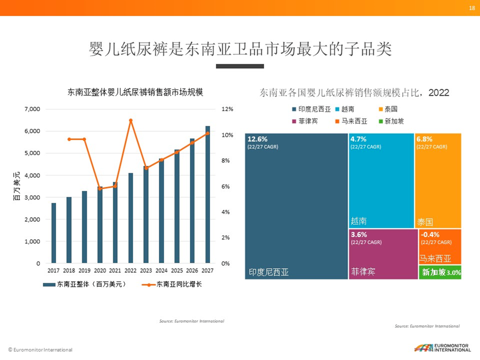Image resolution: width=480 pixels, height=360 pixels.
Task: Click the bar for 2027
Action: point(208,194)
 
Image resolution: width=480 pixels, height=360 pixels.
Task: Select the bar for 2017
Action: point(54,233)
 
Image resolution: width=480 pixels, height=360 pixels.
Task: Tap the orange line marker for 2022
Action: point(131,121)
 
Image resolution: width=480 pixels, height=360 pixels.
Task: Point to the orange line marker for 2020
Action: point(100,188)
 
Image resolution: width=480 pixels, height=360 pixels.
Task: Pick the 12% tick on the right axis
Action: point(226,109)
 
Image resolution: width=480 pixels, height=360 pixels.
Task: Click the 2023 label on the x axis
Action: point(146,271)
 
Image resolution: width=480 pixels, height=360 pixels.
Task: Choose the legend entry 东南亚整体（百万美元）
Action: point(84,284)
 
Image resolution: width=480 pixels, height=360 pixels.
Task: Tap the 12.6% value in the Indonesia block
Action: point(258,139)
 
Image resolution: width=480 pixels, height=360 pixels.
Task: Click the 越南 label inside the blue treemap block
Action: point(359,221)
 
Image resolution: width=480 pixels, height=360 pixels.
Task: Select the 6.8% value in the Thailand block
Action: point(425,139)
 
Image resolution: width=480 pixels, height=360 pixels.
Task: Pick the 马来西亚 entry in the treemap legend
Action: point(354,121)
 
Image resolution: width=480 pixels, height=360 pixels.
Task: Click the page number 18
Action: point(472,7)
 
